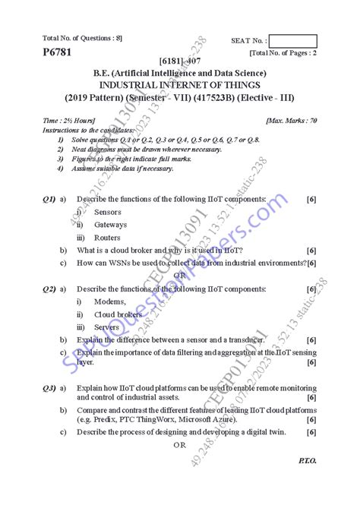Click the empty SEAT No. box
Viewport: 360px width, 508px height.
tap(292, 41)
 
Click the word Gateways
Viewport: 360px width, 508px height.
tap(110, 225)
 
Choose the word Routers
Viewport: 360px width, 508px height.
tap(108, 238)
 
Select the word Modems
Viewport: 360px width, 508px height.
tap(110, 301)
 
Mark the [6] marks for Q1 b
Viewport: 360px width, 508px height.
tap(311, 250)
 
